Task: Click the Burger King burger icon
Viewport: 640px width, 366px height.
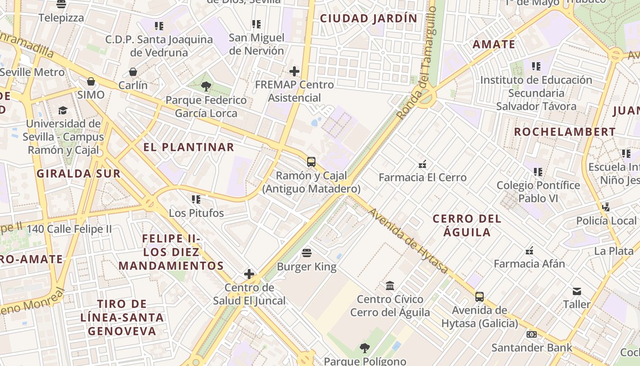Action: (307, 253)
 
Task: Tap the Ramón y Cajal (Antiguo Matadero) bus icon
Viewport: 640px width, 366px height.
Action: (311, 162)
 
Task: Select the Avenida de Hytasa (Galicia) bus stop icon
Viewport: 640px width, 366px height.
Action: (479, 296)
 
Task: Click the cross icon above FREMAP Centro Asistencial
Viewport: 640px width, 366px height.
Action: (294, 71)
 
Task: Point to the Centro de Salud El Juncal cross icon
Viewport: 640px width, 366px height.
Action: (249, 274)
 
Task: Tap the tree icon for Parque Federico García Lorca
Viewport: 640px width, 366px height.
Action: (206, 86)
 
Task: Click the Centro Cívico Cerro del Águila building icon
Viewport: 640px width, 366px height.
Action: (390, 285)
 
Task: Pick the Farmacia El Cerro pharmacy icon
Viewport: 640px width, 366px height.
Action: (422, 164)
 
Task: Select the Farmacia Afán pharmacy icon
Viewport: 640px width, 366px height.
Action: (529, 250)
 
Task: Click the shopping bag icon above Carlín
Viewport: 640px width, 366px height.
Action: (133, 72)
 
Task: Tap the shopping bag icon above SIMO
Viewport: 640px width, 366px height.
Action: (91, 81)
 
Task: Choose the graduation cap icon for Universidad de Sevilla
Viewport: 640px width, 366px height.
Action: (63, 110)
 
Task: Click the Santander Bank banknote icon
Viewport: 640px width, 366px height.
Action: (531, 334)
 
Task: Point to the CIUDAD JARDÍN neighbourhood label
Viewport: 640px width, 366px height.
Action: (368, 18)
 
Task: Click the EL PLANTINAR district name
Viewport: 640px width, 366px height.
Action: (189, 147)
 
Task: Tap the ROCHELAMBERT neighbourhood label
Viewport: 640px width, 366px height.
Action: (565, 132)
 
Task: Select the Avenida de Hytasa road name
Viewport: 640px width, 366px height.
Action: (408, 241)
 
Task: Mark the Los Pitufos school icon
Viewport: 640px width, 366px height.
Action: (196, 199)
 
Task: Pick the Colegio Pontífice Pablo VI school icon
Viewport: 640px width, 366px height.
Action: (538, 172)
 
